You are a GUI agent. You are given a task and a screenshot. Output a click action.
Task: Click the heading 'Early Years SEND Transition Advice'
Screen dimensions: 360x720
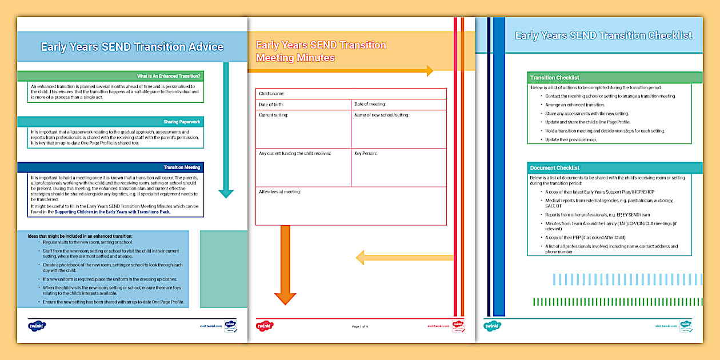[x=132, y=47]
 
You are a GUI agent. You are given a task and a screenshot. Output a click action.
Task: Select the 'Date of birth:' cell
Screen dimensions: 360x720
[x=303, y=105]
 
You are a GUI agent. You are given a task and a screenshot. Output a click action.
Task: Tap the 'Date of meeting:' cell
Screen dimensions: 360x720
[x=398, y=105]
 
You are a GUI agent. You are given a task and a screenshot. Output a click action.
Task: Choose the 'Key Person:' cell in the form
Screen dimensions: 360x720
[x=398, y=167]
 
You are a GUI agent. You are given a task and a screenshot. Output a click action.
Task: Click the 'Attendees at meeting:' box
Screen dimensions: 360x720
[x=351, y=206]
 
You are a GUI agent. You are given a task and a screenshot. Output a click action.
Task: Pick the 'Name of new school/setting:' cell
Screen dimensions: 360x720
[x=398, y=129]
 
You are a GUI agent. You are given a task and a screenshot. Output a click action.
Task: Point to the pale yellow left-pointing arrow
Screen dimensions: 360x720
[x=403, y=258]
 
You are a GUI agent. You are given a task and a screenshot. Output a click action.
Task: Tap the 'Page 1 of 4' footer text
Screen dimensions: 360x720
[x=360, y=326]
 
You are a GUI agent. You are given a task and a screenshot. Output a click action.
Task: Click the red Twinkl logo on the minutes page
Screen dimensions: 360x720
[x=265, y=326]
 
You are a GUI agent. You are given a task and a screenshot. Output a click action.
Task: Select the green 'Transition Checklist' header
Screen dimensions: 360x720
[x=615, y=78]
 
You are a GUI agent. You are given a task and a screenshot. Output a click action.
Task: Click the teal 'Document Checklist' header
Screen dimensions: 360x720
[x=615, y=168]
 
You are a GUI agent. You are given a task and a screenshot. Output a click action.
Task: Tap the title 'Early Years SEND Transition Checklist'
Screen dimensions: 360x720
[x=603, y=35]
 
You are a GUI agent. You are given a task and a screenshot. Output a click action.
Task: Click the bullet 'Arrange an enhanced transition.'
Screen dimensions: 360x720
[x=574, y=105]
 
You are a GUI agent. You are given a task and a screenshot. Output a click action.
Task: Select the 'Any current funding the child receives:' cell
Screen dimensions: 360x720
[x=303, y=167]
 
